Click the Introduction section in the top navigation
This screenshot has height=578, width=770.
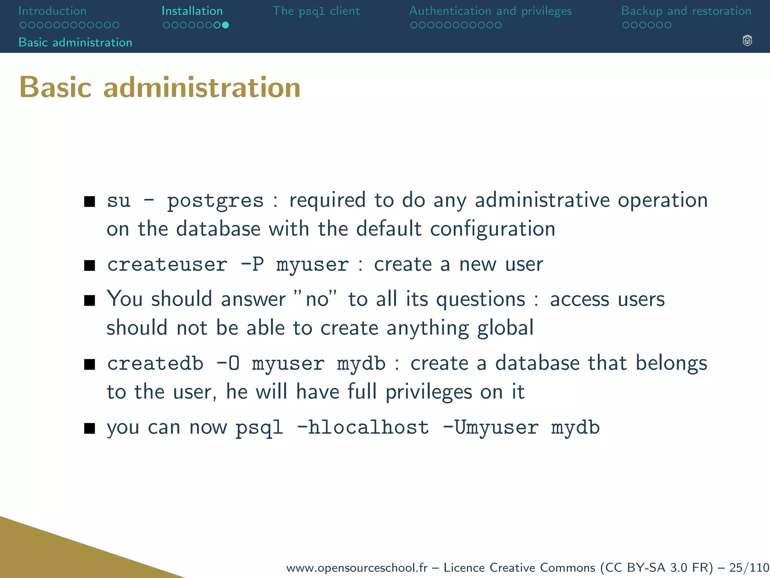point(52,11)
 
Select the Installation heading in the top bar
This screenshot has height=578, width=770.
point(192,11)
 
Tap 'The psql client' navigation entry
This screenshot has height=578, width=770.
point(316,11)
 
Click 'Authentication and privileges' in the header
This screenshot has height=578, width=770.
point(490,11)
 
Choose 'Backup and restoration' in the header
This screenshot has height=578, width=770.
point(686,11)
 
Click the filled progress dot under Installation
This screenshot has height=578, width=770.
point(225,25)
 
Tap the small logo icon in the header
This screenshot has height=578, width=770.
point(747,41)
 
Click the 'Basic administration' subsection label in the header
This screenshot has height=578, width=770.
point(75,43)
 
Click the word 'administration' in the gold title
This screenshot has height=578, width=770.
point(202,87)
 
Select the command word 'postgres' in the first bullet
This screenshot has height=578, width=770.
point(215,201)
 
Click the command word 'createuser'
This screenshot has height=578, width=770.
point(167,265)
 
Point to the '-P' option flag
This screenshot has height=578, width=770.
point(252,265)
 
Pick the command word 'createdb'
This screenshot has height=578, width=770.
point(155,364)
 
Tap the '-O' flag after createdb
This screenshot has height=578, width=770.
point(228,364)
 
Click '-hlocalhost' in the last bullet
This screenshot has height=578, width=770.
point(362,428)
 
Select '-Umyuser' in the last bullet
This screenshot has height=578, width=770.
point(491,428)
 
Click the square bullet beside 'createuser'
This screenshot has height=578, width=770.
point(89,266)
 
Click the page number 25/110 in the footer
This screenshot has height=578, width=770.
point(749,567)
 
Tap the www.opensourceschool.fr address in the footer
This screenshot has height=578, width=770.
point(357,567)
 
